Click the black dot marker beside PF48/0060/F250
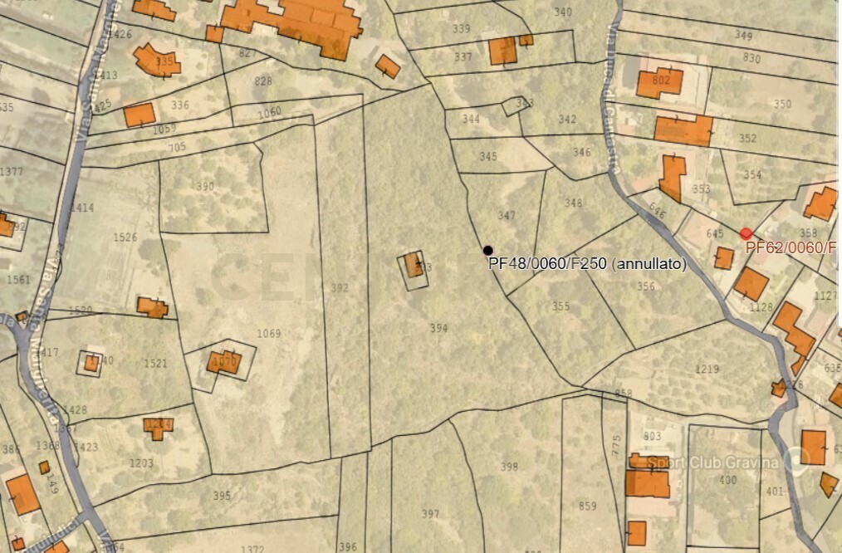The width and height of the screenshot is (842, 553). pyautogui.click(x=488, y=250)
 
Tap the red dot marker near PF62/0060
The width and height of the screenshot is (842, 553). pyautogui.click(x=746, y=233)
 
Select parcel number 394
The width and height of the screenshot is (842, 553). pyautogui.click(x=438, y=329)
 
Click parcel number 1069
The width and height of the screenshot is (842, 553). pyautogui.click(x=268, y=334)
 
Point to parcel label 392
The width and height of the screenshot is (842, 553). pyautogui.click(x=340, y=288)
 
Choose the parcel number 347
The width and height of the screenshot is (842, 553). pyautogui.click(x=507, y=216)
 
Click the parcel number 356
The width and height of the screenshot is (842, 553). pyautogui.click(x=646, y=286)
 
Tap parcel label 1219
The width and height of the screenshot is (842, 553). pyautogui.click(x=707, y=369)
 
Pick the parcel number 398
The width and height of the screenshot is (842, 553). pyautogui.click(x=509, y=467)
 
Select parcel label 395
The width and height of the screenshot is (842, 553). pyautogui.click(x=222, y=496)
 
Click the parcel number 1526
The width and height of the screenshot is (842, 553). pyautogui.click(x=125, y=237)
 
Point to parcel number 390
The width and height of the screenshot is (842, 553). pyautogui.click(x=205, y=186)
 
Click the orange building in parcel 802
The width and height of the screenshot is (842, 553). pyautogui.click(x=659, y=82)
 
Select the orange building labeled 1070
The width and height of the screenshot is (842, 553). pyautogui.click(x=223, y=362)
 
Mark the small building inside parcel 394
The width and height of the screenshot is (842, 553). pyautogui.click(x=414, y=267)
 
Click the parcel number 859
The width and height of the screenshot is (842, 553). pyautogui.click(x=587, y=506)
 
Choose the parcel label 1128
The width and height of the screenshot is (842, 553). pyautogui.click(x=761, y=307)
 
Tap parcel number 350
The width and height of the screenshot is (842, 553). pyautogui.click(x=782, y=104)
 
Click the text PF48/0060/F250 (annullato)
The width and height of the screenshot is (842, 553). pyautogui.click(x=587, y=264)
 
